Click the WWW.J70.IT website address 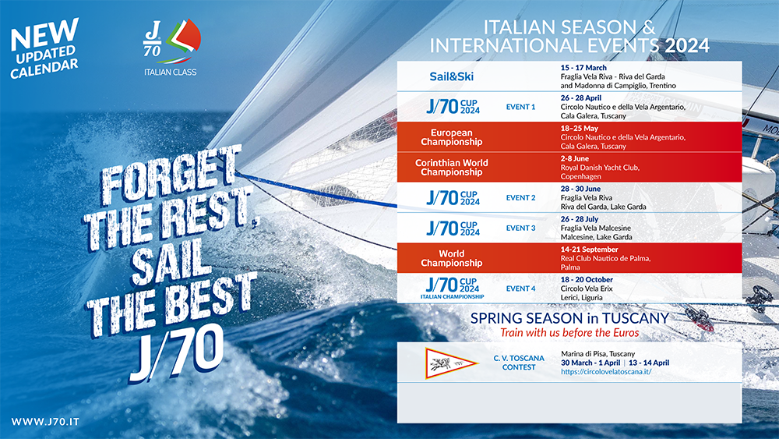coord(45,422)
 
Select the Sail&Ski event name coord(452,76)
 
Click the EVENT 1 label coord(520,107)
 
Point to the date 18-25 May coord(580,129)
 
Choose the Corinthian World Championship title coord(452,168)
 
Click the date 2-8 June coord(575,158)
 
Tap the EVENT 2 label coord(520,198)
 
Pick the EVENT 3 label coord(520,228)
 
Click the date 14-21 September coord(589,250)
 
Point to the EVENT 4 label coord(520,289)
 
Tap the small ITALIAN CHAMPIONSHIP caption coord(452,297)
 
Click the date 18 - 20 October coord(587,280)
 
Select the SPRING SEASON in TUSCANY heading coord(570,318)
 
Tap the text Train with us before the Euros coord(569,333)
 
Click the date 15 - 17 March coord(583,68)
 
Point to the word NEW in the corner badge coord(44,35)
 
